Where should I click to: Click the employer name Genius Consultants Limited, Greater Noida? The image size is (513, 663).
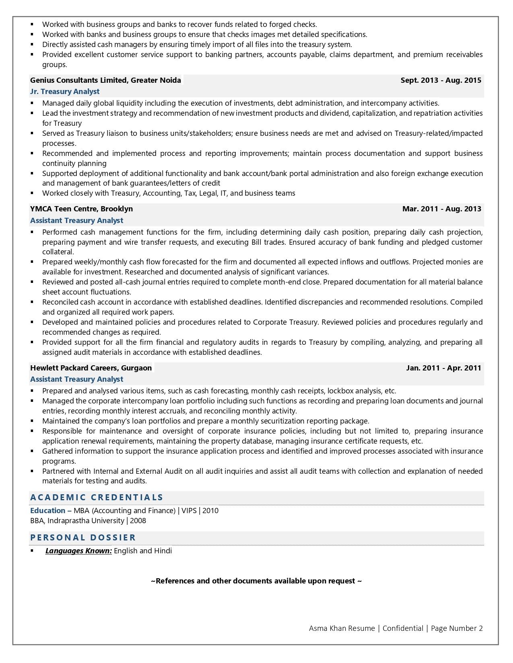[105, 80]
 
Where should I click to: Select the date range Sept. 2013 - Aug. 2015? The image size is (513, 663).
[441, 80]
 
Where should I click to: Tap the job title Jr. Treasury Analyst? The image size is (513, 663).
[65, 92]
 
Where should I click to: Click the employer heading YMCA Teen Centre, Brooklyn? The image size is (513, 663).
[81, 209]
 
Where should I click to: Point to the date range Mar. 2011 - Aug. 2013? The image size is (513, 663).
[441, 209]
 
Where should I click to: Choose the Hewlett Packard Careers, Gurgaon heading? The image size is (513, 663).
[91, 368]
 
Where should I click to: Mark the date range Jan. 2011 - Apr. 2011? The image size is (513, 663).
[443, 368]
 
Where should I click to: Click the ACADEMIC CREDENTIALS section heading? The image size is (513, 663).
[97, 497]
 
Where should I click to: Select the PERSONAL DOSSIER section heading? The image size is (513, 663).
[83, 538]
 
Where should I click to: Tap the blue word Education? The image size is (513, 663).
[47, 511]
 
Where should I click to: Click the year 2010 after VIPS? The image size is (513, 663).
[210, 511]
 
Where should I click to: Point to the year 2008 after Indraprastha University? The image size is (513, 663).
[138, 521]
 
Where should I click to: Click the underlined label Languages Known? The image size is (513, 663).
[78, 551]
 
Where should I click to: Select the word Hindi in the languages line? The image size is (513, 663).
[163, 551]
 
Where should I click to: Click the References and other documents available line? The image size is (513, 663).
[256, 581]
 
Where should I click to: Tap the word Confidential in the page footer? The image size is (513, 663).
[403, 628]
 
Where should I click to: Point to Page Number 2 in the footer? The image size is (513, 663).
[457, 628]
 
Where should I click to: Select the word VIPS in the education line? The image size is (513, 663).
[189, 511]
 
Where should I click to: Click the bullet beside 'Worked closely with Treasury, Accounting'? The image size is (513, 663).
[32, 193]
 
